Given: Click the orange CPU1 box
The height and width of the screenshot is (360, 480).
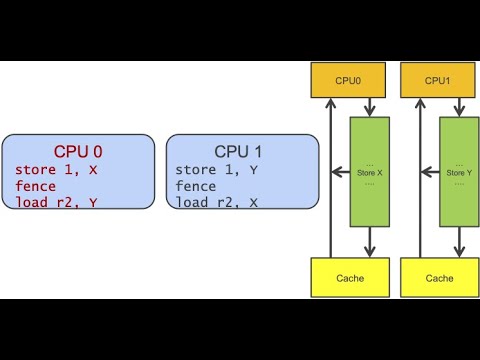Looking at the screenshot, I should click(x=437, y=80).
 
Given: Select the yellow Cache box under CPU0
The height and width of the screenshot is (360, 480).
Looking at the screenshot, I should click(x=350, y=278).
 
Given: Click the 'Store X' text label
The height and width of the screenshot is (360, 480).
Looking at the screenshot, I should click(x=370, y=171).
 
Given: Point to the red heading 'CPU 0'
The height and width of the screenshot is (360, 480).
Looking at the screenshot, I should click(x=78, y=152).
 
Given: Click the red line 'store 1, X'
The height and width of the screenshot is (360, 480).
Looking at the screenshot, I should click(x=56, y=170).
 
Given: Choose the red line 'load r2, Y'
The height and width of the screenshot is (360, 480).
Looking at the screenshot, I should click(x=56, y=203).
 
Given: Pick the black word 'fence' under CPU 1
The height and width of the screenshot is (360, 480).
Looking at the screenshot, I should click(x=198, y=186).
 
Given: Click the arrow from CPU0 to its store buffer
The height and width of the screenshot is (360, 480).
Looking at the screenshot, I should click(x=370, y=107).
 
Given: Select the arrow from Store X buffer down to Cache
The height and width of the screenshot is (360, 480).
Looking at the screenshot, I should click(x=370, y=240).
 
